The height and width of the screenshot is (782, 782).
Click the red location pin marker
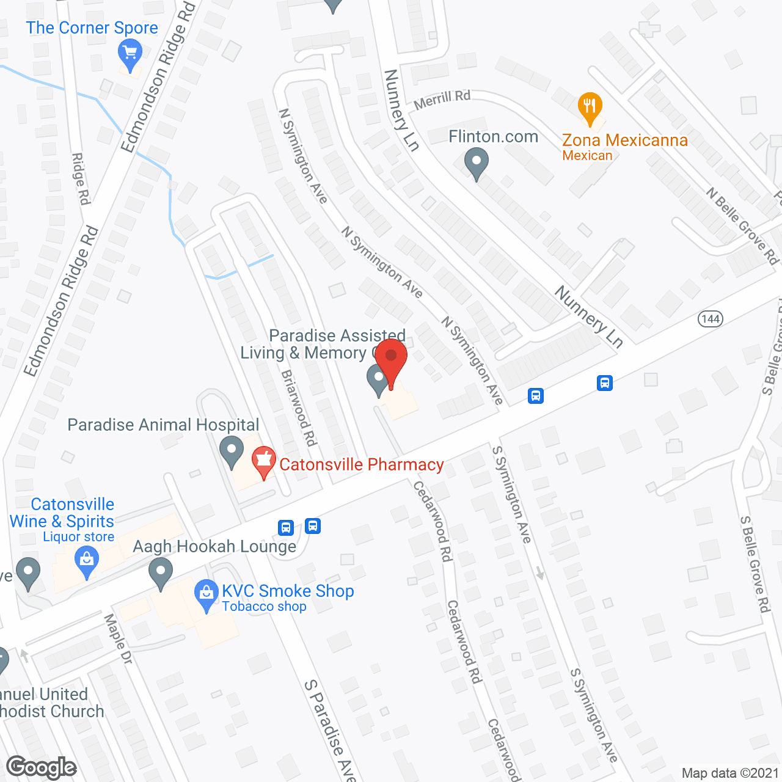tap(391, 361)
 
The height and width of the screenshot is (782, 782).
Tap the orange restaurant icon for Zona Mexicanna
tap(590, 108)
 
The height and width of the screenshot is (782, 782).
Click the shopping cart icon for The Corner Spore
tap(130, 53)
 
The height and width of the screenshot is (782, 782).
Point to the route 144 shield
tap(711, 318)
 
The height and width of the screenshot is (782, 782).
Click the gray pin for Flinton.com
tap(477, 164)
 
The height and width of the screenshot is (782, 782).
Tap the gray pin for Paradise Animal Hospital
tap(232, 451)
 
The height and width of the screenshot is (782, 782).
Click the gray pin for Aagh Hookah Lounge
tap(161, 575)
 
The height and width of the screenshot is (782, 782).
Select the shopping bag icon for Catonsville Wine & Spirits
tap(87, 561)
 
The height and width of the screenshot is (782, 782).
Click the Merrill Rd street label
tap(442, 100)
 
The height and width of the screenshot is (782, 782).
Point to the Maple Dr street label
tap(118, 639)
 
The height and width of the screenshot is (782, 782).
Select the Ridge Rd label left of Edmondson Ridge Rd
tap(81, 179)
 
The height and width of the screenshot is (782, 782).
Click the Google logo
tap(42, 767)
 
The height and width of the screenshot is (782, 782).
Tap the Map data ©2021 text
tap(730, 773)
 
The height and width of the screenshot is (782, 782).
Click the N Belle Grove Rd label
tap(742, 226)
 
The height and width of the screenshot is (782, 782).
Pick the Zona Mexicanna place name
tap(625, 141)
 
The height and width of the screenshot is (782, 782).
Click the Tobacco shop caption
tap(264, 607)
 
